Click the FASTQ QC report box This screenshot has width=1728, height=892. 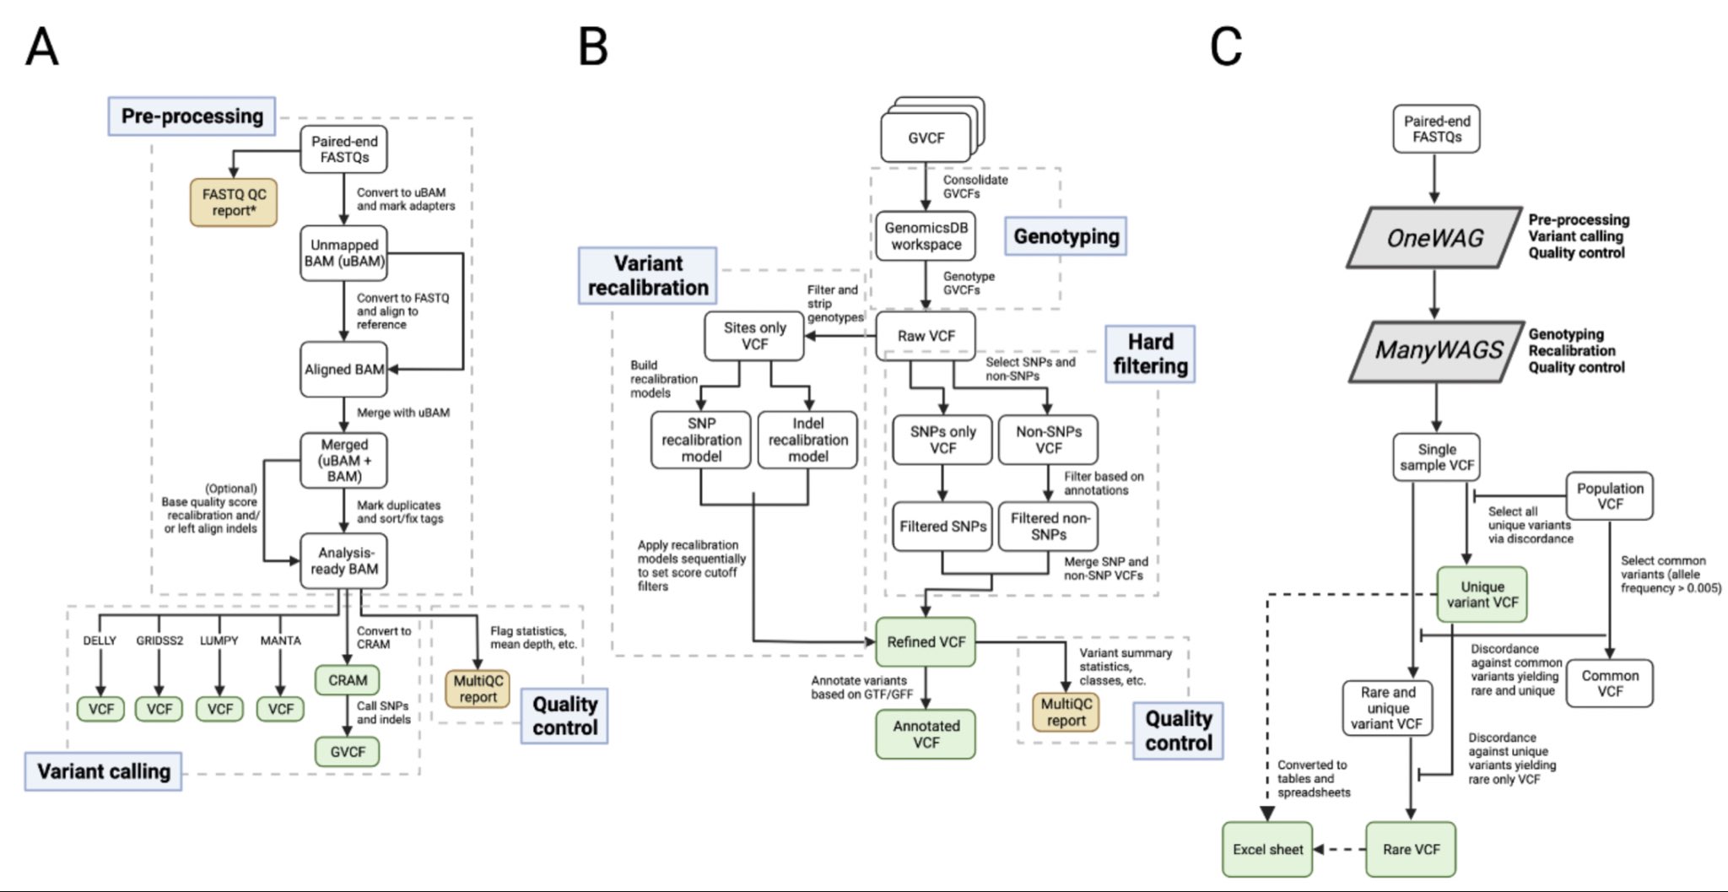click(234, 203)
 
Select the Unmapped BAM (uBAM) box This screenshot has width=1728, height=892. click(344, 253)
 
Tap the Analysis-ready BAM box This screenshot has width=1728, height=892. click(344, 561)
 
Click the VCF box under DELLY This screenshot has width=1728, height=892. click(100, 709)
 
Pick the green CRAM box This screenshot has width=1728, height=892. click(347, 680)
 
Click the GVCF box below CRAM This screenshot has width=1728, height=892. click(347, 751)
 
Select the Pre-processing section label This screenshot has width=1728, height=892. click(192, 116)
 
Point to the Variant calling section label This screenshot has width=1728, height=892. click(103, 771)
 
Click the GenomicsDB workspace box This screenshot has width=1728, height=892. click(926, 236)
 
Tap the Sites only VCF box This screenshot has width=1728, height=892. click(754, 336)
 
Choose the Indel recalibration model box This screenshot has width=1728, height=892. click(807, 440)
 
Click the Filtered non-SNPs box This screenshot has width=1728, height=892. click(1048, 527)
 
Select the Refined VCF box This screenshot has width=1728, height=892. click(926, 642)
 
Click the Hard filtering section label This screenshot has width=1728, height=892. click(1150, 354)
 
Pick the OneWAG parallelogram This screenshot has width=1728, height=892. click(1434, 238)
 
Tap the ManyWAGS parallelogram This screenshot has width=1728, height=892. click(1437, 350)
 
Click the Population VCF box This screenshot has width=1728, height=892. click(1609, 496)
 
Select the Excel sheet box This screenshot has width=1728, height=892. click(1267, 850)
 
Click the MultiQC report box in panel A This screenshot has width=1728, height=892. click(478, 689)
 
